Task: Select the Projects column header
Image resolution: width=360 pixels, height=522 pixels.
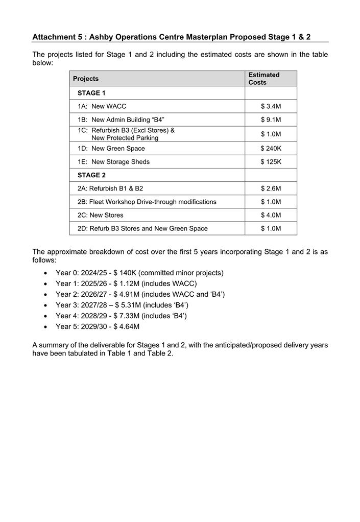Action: (x=86, y=79)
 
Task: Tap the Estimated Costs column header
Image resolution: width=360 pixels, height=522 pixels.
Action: (x=264, y=79)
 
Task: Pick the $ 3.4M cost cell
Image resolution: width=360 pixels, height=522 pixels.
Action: (x=271, y=106)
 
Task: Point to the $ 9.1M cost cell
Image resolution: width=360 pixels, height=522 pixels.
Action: (x=271, y=120)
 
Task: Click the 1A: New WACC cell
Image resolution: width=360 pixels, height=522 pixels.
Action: (x=102, y=106)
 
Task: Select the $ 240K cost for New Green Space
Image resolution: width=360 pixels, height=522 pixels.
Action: (x=271, y=149)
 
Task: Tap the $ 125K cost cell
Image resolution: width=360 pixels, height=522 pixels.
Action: (x=271, y=162)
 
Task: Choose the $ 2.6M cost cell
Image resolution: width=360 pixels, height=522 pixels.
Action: (x=271, y=188)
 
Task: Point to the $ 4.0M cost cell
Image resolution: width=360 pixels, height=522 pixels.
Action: (x=271, y=215)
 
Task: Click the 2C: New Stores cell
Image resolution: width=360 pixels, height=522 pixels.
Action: (x=101, y=215)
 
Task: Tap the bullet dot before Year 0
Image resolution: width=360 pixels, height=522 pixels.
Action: (x=47, y=273)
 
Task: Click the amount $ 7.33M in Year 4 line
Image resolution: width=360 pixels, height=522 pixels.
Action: (x=126, y=316)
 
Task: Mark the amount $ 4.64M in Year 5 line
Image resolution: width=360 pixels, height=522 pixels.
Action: (x=126, y=327)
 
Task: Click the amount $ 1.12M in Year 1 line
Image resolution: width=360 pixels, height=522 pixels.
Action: (x=126, y=284)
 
